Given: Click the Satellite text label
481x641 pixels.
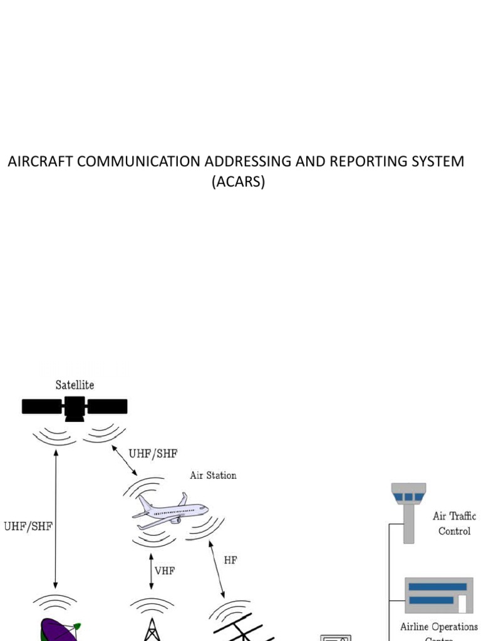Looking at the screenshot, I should point(74,384).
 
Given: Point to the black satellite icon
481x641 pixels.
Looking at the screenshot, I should point(75,406).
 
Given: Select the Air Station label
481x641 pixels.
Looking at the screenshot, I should point(213,475).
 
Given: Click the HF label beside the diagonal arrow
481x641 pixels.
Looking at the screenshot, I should point(230,560).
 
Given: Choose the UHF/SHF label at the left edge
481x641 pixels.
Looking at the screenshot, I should point(28,526).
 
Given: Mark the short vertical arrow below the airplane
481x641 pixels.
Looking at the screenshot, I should point(150,570).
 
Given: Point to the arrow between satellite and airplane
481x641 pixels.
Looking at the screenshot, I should point(124,460).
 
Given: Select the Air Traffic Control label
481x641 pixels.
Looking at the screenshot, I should point(454,523).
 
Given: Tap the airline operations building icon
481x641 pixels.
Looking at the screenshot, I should point(438,595).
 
